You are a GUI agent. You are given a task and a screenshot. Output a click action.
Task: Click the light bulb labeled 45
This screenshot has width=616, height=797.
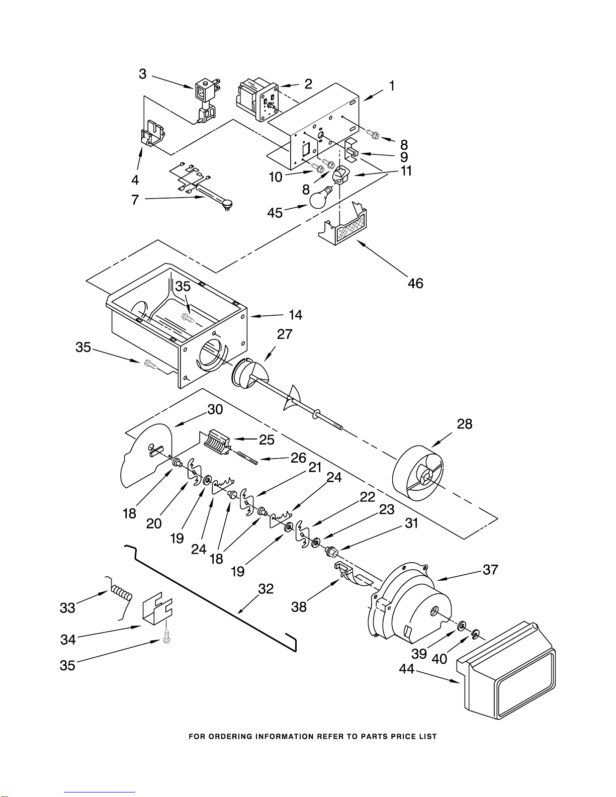(x=320, y=199)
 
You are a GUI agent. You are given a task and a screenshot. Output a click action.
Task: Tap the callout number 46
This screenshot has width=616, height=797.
(x=415, y=283)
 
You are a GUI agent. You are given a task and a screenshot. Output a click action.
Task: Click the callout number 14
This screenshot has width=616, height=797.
(x=295, y=315)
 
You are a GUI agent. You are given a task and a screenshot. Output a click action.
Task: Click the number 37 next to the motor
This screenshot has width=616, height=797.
(x=490, y=570)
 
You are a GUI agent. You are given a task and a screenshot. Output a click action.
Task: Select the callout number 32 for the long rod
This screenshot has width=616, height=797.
(x=266, y=589)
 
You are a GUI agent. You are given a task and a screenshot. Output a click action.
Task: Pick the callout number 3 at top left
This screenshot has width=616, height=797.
(x=143, y=74)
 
